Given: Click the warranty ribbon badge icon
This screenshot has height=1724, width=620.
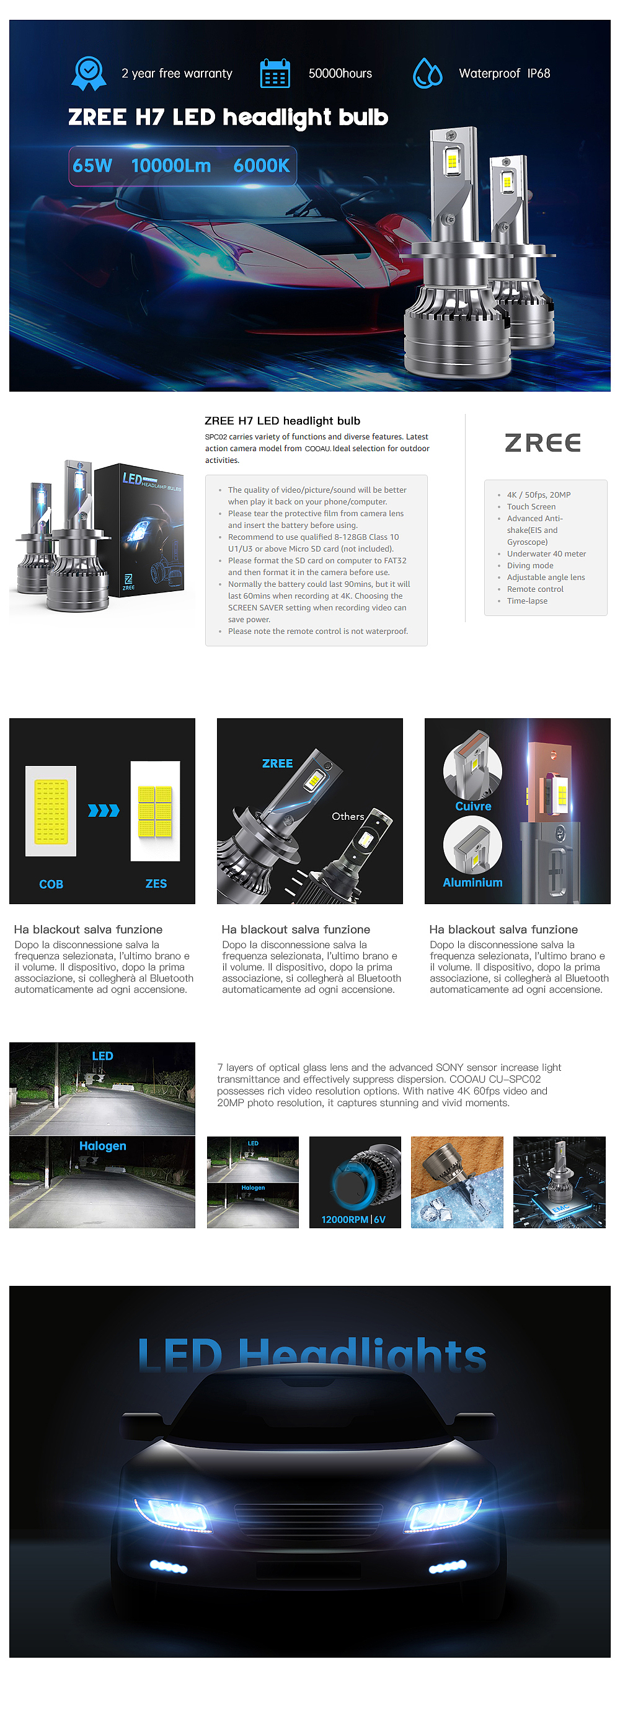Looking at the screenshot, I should point(89,73).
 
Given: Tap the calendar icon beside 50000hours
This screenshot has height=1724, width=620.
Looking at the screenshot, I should point(275,74).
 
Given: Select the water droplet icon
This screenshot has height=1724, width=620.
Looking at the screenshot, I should point(427,73).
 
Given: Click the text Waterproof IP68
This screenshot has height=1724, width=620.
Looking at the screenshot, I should point(504,74).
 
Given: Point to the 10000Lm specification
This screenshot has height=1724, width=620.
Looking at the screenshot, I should point(170,165).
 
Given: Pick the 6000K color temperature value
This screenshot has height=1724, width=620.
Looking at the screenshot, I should point(261,165).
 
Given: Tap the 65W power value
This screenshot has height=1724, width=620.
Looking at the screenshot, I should point(92,165).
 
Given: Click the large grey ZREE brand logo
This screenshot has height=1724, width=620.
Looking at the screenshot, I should point(542,442).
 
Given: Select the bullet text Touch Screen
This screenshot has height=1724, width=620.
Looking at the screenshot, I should point(531,507).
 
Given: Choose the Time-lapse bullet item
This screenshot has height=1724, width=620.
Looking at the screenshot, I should point(527,601).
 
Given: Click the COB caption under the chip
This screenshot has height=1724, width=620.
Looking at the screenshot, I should point(51,884).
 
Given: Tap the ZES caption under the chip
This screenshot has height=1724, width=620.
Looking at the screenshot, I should point(156,884).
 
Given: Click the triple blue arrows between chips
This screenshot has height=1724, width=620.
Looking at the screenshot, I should point(104,811).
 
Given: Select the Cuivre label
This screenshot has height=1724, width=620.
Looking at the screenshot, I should point(472,806).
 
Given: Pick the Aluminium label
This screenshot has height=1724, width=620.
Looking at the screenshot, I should point(472,882).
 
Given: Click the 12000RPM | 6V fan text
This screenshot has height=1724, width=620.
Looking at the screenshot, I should point(353,1220).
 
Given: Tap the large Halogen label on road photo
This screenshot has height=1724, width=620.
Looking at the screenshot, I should point(102,1146).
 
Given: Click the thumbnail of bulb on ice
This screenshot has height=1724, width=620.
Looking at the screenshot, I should point(457,1182).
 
